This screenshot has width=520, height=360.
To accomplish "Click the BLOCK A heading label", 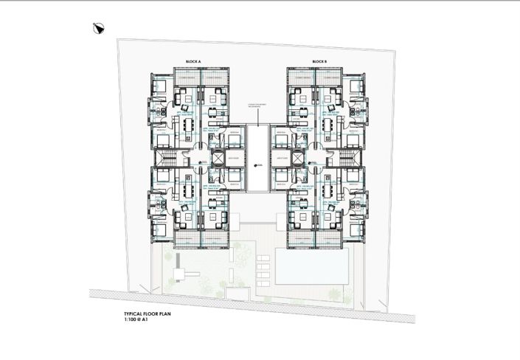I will point(194,61).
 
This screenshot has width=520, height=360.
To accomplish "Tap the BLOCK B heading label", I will point(319,61).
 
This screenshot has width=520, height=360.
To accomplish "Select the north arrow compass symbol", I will point(98,29).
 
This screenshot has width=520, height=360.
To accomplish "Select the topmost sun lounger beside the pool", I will point(263,259).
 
